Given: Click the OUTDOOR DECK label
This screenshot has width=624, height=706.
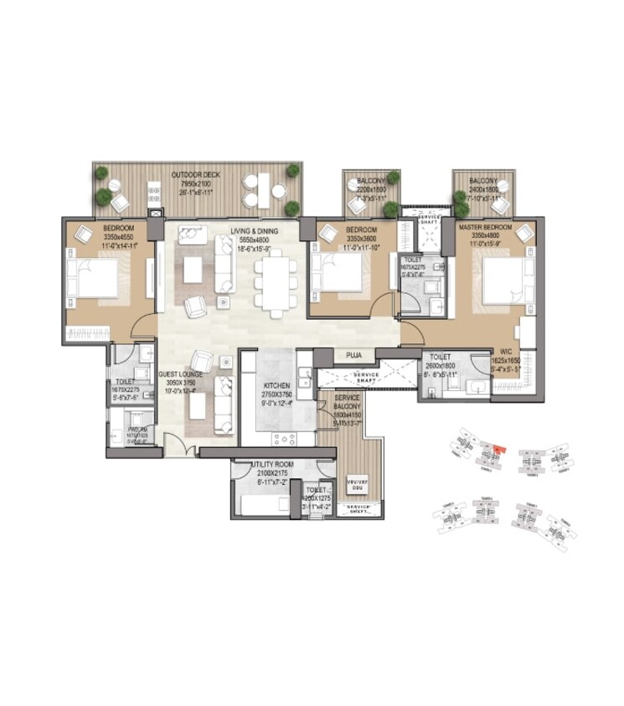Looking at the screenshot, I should (192, 175).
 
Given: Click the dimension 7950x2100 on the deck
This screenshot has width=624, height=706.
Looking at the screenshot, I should (192, 183).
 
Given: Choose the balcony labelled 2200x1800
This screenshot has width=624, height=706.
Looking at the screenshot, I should (370, 190).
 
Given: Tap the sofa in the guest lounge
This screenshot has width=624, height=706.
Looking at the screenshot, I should (224, 402).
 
